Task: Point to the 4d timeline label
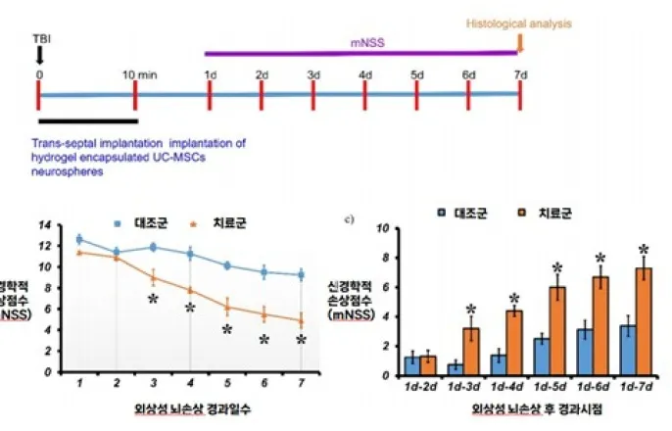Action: pyautogui.click(x=365, y=74)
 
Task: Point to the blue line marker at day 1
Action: pyautogui.click(x=79, y=239)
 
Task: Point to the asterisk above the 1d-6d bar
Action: pyautogui.click(x=601, y=257)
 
